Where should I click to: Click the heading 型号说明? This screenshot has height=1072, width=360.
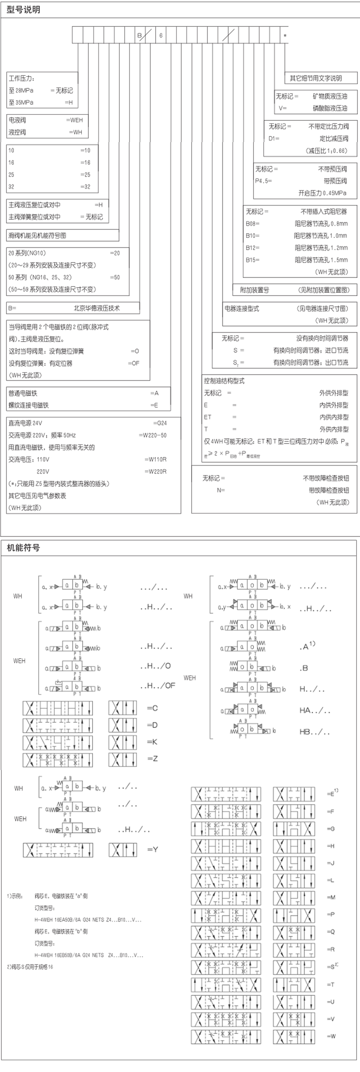(x=24, y=9)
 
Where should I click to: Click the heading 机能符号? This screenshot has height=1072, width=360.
(x=24, y=548)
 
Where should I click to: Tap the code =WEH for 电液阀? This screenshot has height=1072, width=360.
(x=75, y=120)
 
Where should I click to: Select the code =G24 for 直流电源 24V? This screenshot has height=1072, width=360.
(x=160, y=423)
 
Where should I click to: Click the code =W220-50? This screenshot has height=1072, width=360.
(x=153, y=435)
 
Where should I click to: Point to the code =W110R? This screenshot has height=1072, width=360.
(x=155, y=459)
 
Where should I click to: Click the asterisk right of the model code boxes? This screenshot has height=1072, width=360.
(x=285, y=36)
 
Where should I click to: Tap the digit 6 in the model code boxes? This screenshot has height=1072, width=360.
(x=161, y=36)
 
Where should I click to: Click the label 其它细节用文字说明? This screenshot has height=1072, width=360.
(x=316, y=78)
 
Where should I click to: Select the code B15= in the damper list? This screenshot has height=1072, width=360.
(x=252, y=260)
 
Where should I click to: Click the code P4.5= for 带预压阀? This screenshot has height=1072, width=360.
(x=263, y=181)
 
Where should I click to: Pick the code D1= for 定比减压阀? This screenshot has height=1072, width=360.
(x=274, y=139)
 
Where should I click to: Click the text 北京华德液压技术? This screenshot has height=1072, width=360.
(x=97, y=308)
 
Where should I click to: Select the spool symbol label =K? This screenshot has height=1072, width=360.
(x=152, y=742)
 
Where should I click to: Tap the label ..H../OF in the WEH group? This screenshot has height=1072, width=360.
(x=158, y=685)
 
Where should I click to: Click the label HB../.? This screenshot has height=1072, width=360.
(x=315, y=732)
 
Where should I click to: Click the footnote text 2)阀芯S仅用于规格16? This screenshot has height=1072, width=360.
(x=30, y=967)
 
